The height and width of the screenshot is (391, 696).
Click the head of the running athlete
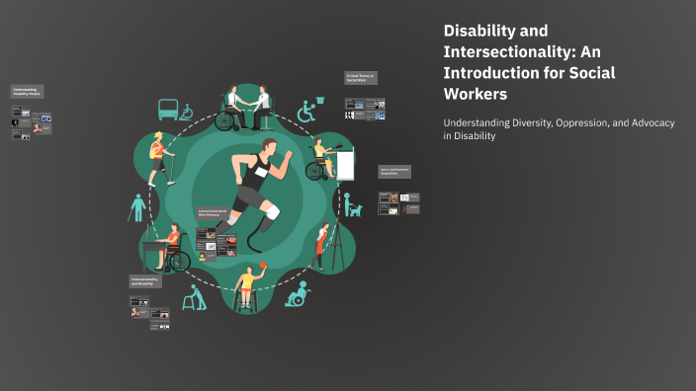tap(269, 148)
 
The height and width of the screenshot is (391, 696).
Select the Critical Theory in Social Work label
tap(361, 77)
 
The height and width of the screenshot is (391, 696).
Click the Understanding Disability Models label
tap(27, 92)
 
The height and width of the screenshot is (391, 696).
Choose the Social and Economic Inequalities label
tap(394, 172)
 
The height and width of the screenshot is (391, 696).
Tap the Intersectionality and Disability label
tap(145, 280)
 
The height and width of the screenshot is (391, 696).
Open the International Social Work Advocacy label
tap(213, 212)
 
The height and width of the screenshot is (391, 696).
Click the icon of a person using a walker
tap(199, 297)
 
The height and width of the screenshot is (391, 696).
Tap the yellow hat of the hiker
tap(154, 137)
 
